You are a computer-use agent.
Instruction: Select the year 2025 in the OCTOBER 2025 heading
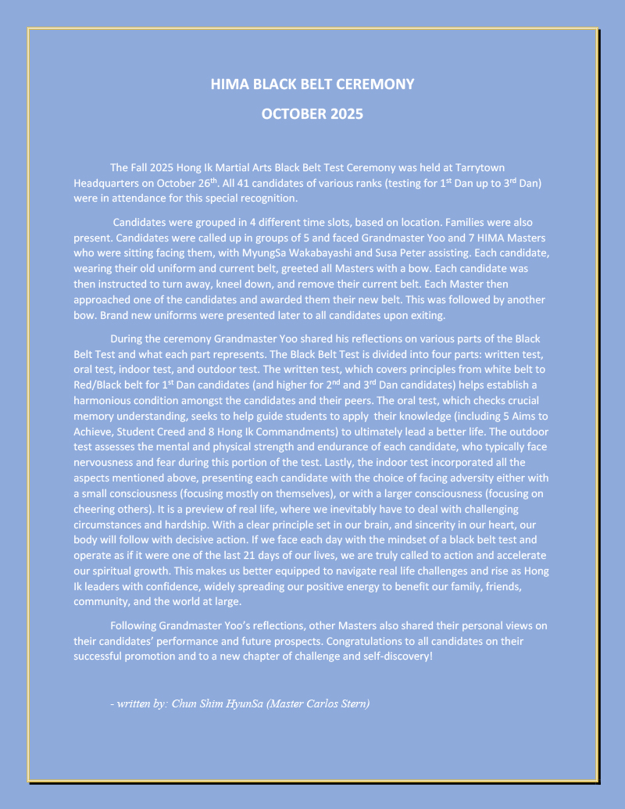tap(341, 114)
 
